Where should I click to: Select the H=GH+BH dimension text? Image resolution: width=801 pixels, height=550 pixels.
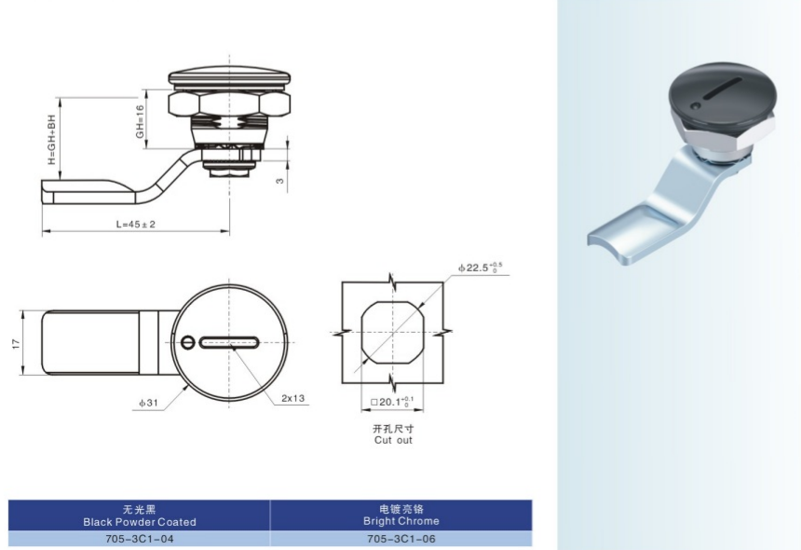click(51, 139)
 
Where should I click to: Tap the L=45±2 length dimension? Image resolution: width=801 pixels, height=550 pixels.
click(135, 224)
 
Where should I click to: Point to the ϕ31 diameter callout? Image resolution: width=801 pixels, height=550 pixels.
click(149, 403)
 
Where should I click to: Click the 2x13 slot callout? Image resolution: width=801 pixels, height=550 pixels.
click(292, 398)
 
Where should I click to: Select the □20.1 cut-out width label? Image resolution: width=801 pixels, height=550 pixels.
click(392, 402)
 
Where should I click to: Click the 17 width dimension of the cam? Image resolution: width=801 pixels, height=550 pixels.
click(17, 343)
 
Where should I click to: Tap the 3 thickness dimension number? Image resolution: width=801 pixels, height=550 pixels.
click(279, 181)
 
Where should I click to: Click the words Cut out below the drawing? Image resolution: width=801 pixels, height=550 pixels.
click(393, 440)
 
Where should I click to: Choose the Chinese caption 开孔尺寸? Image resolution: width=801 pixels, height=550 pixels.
click(393, 428)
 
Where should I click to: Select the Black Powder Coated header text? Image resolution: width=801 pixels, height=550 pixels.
click(140, 522)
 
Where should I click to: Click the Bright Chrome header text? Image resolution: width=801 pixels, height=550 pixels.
click(401, 521)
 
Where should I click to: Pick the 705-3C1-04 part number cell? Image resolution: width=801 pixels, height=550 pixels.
click(139, 539)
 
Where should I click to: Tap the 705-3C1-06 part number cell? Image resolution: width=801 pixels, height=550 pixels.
click(401, 539)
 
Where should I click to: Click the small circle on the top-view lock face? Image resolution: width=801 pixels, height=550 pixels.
click(188, 342)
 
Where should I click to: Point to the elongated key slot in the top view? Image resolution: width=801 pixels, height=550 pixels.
click(229, 343)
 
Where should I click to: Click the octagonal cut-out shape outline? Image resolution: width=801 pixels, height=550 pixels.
click(392, 333)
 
